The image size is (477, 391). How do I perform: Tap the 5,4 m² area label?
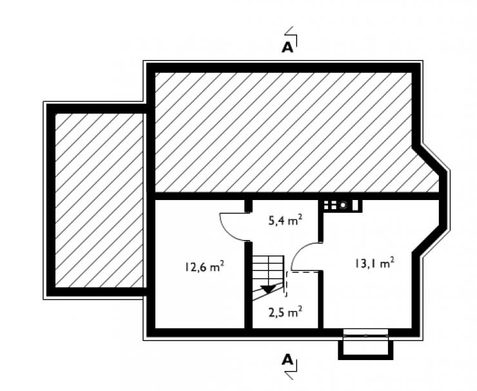click(x=286, y=219)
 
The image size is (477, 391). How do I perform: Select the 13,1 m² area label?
click(x=374, y=263)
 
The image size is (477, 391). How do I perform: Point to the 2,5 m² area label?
click(x=286, y=312)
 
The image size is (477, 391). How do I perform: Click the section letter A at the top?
click(x=287, y=47)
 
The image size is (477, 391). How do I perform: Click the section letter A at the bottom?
click(x=287, y=360)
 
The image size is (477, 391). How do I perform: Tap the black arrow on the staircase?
click(x=268, y=288)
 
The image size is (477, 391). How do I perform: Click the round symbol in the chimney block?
click(x=343, y=205)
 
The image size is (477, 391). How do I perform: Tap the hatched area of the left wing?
click(x=99, y=200)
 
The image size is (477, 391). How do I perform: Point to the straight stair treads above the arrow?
click(x=268, y=270)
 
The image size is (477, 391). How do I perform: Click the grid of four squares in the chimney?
click(x=331, y=205)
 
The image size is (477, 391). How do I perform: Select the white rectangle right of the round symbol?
click(x=355, y=205)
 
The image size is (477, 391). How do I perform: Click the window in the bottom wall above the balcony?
click(x=365, y=333)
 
